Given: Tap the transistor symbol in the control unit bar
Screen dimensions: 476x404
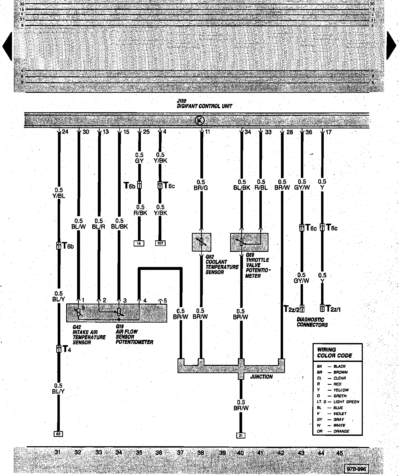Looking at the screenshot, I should pyautogui.click(x=200, y=120).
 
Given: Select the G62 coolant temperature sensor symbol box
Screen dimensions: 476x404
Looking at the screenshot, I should pyautogui.click(x=201, y=242).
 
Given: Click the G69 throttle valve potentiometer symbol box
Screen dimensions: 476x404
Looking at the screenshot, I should pyautogui.click(x=249, y=242).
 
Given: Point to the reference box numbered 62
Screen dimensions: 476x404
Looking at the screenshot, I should pyautogui.click(x=58, y=434).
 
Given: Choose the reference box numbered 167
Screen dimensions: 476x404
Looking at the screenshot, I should pyautogui.click(x=160, y=243).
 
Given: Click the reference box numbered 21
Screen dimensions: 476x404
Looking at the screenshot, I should pyautogui.click(x=241, y=435).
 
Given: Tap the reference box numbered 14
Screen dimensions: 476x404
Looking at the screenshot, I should pyautogui.click(x=139, y=243).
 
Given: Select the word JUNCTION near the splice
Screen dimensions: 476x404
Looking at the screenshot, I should pyautogui.click(x=261, y=377).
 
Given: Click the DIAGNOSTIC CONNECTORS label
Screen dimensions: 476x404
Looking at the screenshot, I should pyautogui.click(x=312, y=322).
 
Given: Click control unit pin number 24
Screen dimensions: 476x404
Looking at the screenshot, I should pyautogui.click(x=65, y=132).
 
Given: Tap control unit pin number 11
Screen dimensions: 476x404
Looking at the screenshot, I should pyautogui.click(x=207, y=132).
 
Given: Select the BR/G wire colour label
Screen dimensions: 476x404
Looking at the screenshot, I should pyautogui.click(x=201, y=188).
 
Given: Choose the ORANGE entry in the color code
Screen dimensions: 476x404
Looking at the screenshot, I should pyautogui.click(x=341, y=431).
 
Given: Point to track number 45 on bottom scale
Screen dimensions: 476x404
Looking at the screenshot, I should pyautogui.click(x=340, y=453).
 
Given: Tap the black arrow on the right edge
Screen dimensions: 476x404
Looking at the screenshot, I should pyautogui.click(x=391, y=45).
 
